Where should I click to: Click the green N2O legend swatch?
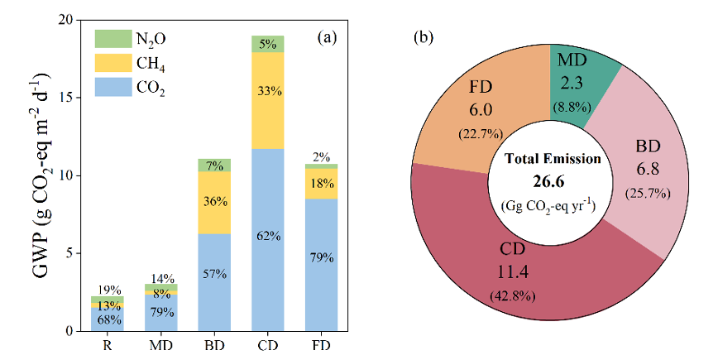108,39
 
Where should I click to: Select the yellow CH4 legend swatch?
108,62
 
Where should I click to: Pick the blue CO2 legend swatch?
108,85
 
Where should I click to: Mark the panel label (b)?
424,37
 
